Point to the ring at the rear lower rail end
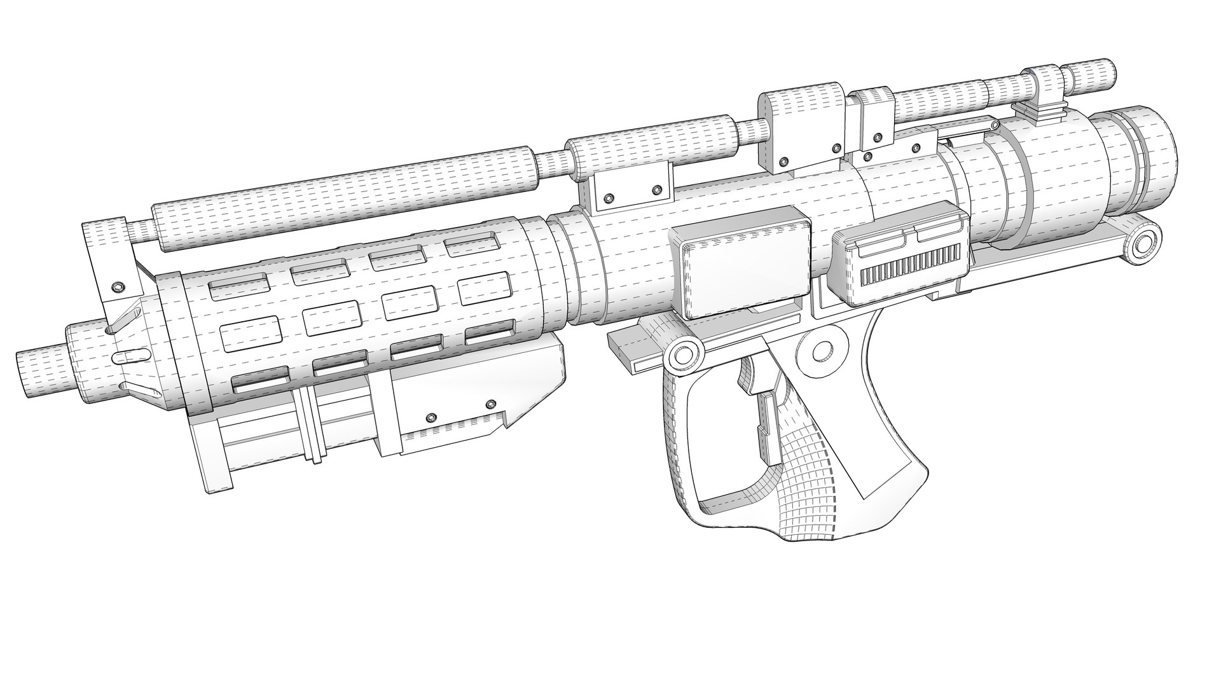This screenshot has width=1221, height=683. (1144, 242)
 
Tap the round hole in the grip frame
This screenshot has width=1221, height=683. (821, 350)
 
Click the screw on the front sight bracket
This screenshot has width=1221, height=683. (116, 287)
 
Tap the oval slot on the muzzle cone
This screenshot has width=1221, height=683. (128, 354)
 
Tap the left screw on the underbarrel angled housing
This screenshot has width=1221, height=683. (431, 417)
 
